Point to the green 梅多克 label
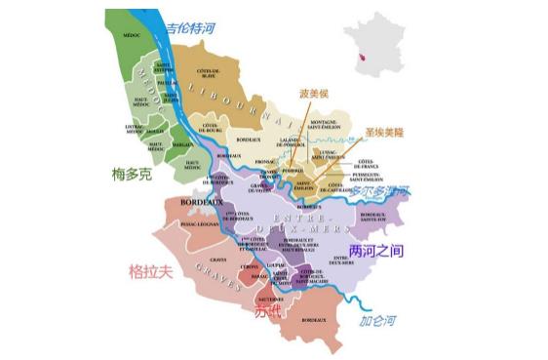click(x=133, y=175)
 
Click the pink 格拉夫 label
click(x=152, y=270)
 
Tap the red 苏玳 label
click(x=267, y=312)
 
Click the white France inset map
click(x=373, y=41)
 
